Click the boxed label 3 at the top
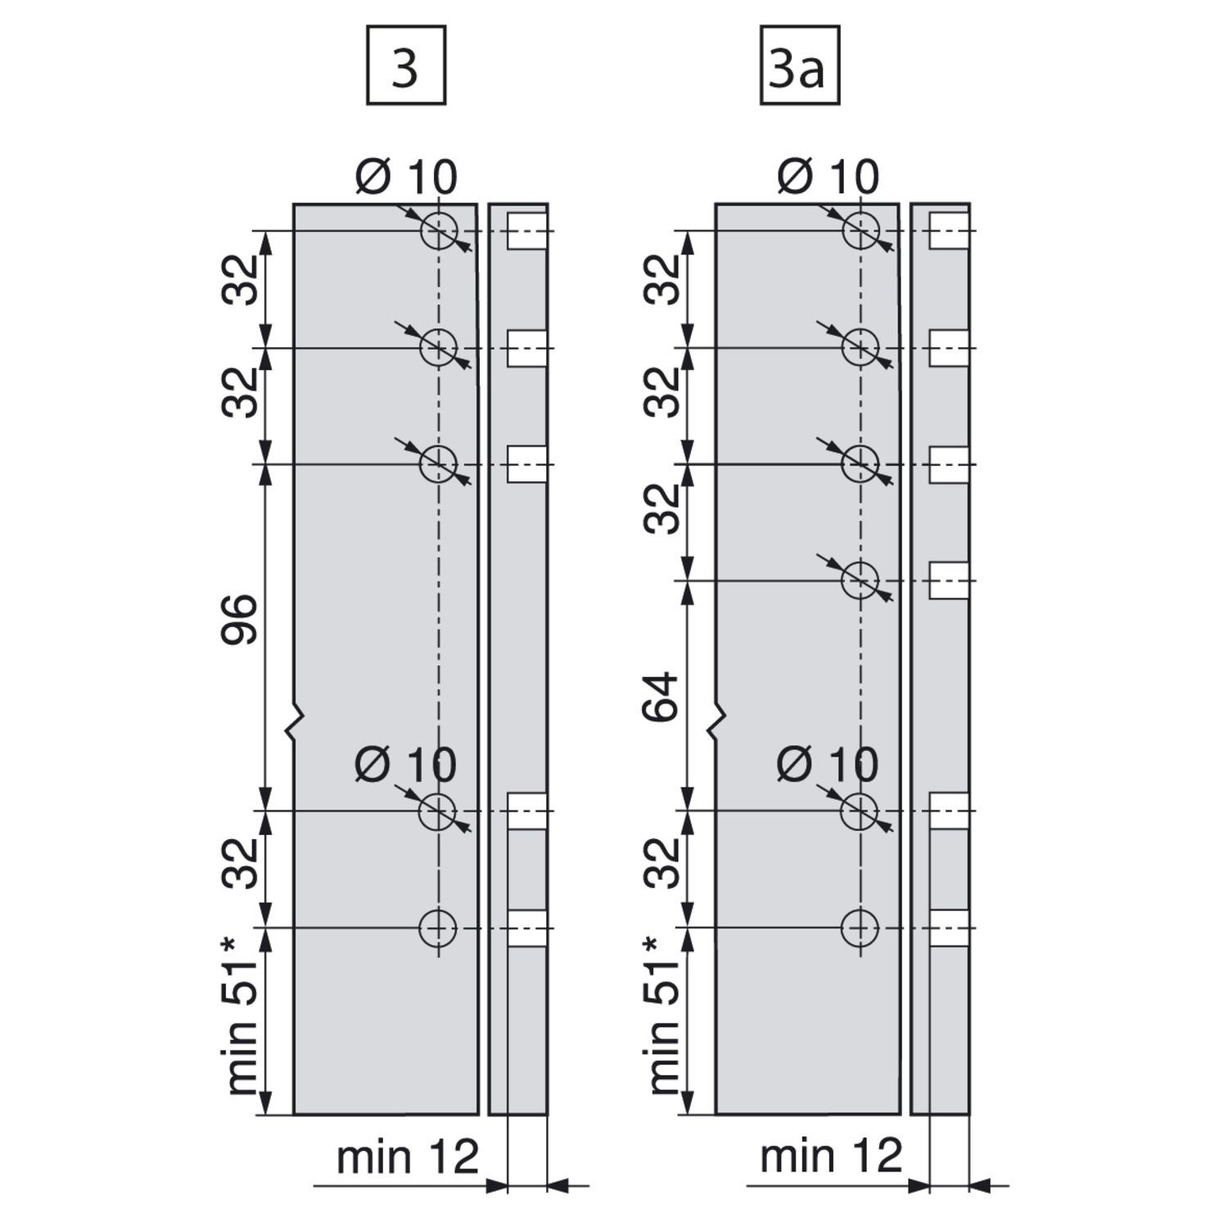tap(406, 65)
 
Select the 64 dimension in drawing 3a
tap(662, 696)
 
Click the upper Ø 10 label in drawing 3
tap(406, 177)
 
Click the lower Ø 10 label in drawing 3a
tap(828, 765)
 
